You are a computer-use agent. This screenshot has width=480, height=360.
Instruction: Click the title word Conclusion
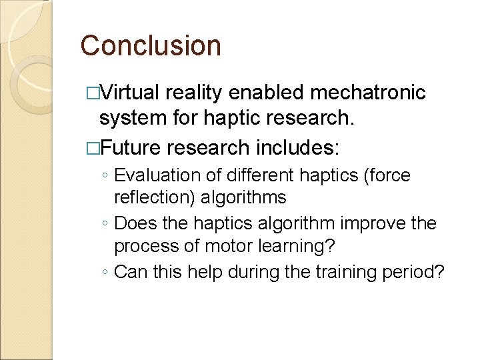click(151, 45)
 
